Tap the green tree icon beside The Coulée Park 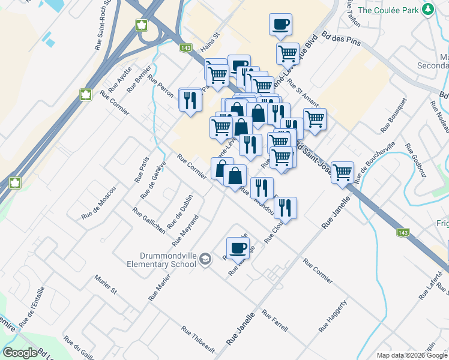[x=427, y=10]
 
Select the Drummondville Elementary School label [x=161, y=259]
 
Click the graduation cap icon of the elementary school [x=206, y=259]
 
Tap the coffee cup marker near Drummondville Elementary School [x=238, y=247]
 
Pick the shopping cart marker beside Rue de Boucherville [x=342, y=172]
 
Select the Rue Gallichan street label [x=149, y=220]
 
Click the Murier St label [x=105, y=284]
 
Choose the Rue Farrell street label [x=275, y=321]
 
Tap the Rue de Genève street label [x=152, y=180]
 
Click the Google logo [x=20, y=353]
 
